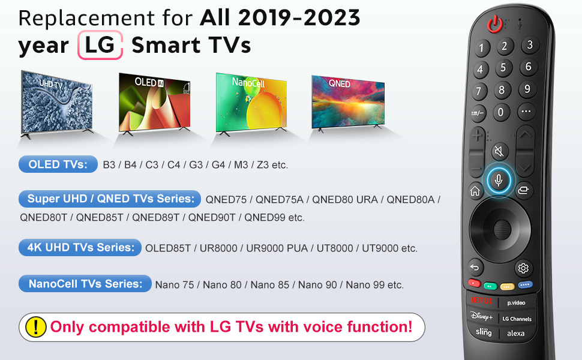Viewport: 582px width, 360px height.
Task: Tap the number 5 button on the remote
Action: click(503, 68)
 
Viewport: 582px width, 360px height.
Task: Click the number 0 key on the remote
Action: click(501, 112)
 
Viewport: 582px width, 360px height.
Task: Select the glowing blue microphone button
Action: click(499, 181)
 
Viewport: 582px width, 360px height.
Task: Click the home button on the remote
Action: click(475, 191)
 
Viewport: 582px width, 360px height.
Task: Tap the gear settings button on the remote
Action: click(523, 268)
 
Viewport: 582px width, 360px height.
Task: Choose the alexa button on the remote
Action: click(516, 333)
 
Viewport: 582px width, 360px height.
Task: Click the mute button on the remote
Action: click(500, 151)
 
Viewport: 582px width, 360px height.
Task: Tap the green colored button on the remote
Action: click(490, 286)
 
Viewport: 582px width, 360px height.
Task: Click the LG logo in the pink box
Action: click(100, 45)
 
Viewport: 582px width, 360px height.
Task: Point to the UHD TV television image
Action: click(56, 104)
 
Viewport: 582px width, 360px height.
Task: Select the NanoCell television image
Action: click(251, 104)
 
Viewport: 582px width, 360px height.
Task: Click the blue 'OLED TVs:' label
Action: click(58, 164)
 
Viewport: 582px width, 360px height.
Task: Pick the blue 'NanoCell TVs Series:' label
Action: click(85, 284)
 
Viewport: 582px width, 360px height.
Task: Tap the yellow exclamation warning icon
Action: click(36, 327)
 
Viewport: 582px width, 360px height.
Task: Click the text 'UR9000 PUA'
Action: click(277, 248)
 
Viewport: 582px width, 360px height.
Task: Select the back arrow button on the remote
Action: click(475, 267)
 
